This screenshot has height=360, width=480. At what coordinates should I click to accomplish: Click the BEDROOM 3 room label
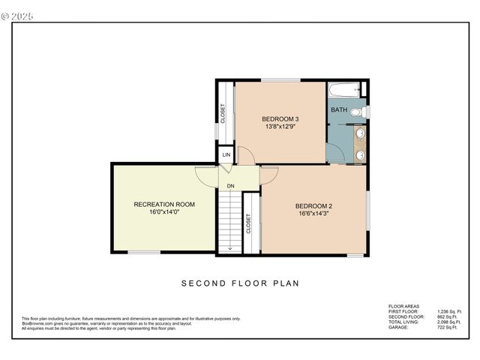tap(280, 119)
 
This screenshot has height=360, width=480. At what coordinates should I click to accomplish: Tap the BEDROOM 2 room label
tap(313, 206)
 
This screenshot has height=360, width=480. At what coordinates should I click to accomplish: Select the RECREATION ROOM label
tap(164, 204)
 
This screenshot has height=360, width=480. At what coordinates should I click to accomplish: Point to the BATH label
tap(339, 110)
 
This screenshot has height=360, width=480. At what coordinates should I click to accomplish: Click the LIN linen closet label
tap(226, 155)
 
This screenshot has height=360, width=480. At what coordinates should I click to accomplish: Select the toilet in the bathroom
tap(357, 112)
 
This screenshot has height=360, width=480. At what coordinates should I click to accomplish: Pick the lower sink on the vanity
tap(360, 154)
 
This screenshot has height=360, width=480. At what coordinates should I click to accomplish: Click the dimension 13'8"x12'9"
tap(280, 127)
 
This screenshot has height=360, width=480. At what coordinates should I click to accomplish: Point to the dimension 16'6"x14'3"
tap(313, 214)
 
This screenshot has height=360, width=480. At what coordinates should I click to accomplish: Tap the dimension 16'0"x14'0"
tap(164, 212)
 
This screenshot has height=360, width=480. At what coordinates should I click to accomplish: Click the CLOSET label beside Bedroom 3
tap(223, 113)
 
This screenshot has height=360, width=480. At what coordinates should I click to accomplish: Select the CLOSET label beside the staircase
tap(248, 224)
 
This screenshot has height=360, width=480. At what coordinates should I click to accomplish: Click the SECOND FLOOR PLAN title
tap(240, 283)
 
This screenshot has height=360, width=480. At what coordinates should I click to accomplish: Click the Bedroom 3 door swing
tap(246, 155)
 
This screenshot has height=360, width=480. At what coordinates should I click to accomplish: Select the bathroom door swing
tap(337, 152)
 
